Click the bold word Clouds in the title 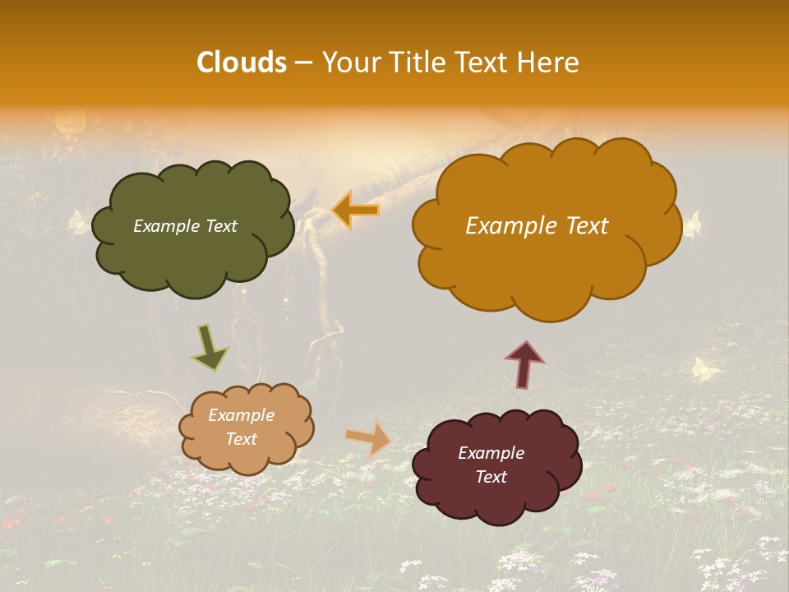(x=242, y=62)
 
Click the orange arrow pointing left (x=356, y=210)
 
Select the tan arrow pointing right (x=368, y=438)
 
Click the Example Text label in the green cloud (x=185, y=226)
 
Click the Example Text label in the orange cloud (x=537, y=226)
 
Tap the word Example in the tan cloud (x=241, y=415)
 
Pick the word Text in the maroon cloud (x=491, y=477)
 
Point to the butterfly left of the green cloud (x=78, y=222)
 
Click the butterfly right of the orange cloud (x=693, y=223)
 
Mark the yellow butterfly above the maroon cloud (x=704, y=369)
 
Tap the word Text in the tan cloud (x=241, y=439)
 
